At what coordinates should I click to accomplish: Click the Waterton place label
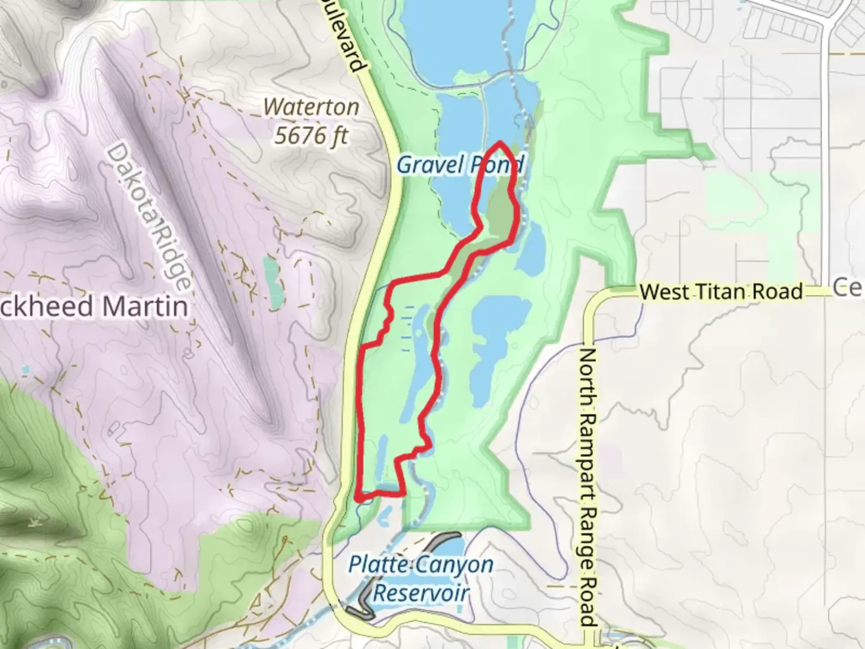(311, 108)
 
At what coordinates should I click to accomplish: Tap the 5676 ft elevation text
(311, 135)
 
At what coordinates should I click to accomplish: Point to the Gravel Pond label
(460, 165)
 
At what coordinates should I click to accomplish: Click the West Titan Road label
(721, 292)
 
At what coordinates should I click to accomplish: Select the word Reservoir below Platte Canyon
(420, 594)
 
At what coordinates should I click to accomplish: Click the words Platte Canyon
(421, 565)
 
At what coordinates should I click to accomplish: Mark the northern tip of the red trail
(500, 143)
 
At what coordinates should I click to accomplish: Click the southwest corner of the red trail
(358, 498)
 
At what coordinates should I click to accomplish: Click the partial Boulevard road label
(349, 36)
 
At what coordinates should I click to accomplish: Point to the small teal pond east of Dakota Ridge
(273, 276)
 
